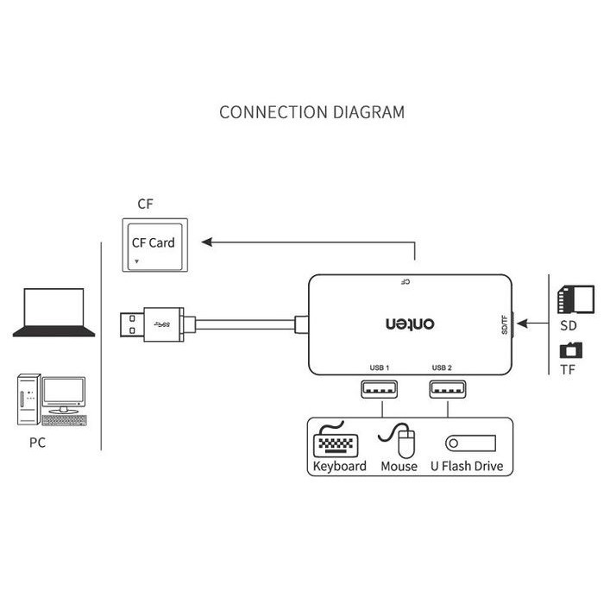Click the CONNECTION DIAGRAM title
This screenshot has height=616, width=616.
coord(311,112)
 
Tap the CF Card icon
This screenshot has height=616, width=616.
coord(153,244)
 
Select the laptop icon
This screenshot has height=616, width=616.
coord(53,312)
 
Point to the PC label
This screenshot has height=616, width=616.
coord(36,443)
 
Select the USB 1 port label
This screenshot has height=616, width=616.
coord(380,368)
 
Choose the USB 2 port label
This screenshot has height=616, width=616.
coord(442,368)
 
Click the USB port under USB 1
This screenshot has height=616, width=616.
coord(380,389)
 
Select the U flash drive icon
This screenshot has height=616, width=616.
coord(471,443)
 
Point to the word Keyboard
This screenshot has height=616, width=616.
coord(339,467)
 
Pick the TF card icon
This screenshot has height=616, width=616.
coord(570,350)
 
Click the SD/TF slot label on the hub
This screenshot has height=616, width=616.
coord(506,324)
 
